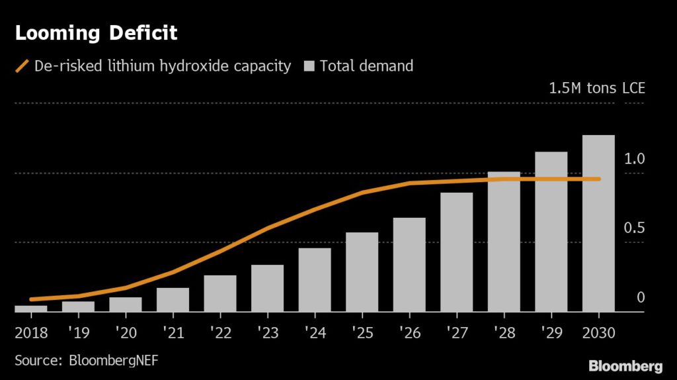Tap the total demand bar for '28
click(504, 242)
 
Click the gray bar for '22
click(220, 293)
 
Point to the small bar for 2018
click(30, 308)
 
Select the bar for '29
click(551, 232)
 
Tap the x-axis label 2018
click(31, 331)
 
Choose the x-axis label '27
click(456, 331)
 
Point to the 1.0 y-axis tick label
click(633, 159)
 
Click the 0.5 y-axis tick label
click(633, 228)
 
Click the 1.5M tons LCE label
click(596, 89)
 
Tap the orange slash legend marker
click(22, 66)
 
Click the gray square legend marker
click(309, 66)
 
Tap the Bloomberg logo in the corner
click(625, 365)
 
